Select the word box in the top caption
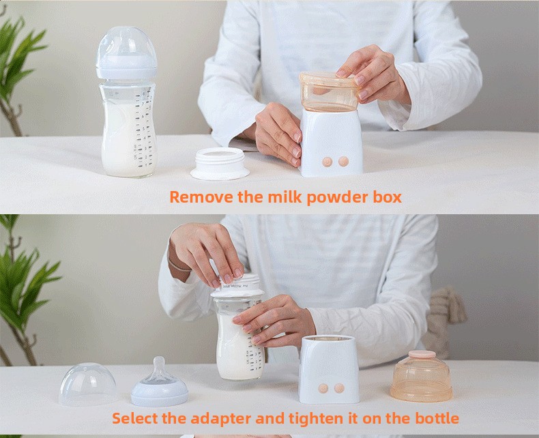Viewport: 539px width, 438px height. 388,197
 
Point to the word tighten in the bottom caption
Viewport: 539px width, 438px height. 316,418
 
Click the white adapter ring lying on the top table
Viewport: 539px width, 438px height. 220,164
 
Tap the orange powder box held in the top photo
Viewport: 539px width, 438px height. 328,92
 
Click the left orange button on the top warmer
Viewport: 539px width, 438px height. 327,162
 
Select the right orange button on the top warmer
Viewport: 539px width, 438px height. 343,161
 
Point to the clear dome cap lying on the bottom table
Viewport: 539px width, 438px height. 88,384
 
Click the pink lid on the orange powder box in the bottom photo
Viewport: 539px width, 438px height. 422,354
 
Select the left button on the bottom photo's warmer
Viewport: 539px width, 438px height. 323,388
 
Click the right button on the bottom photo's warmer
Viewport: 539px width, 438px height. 339,388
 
